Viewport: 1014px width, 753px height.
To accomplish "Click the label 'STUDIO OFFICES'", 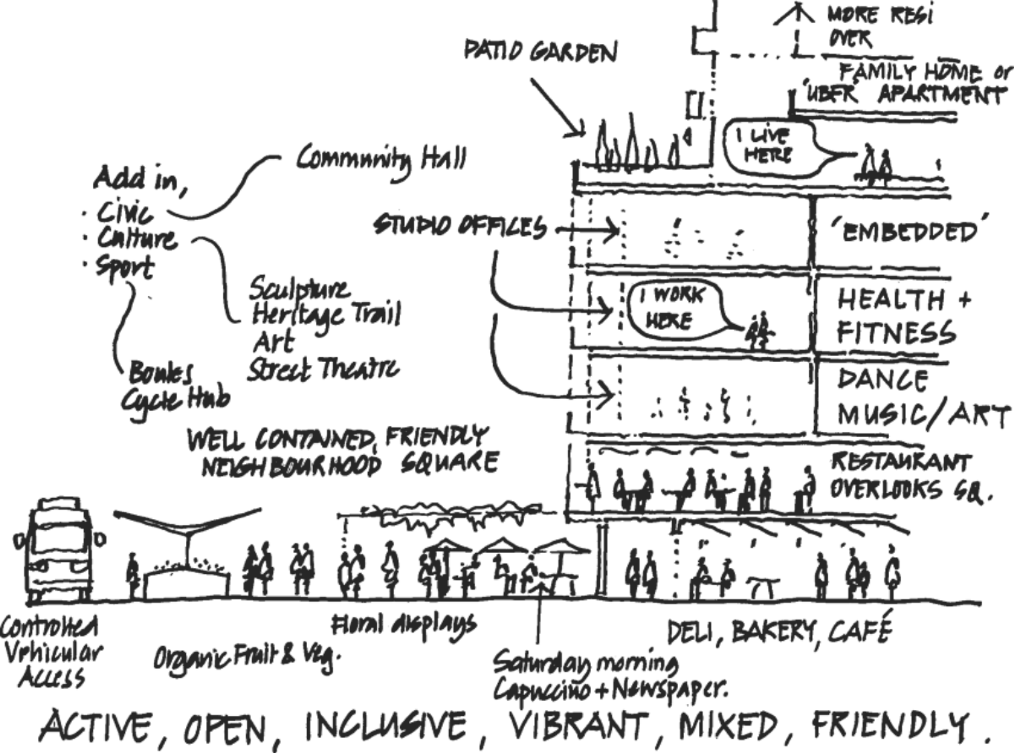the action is click(x=460, y=227).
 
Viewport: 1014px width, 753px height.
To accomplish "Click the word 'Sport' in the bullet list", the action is click(x=123, y=270).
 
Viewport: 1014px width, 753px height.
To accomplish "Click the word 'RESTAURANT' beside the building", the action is click(x=900, y=465).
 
